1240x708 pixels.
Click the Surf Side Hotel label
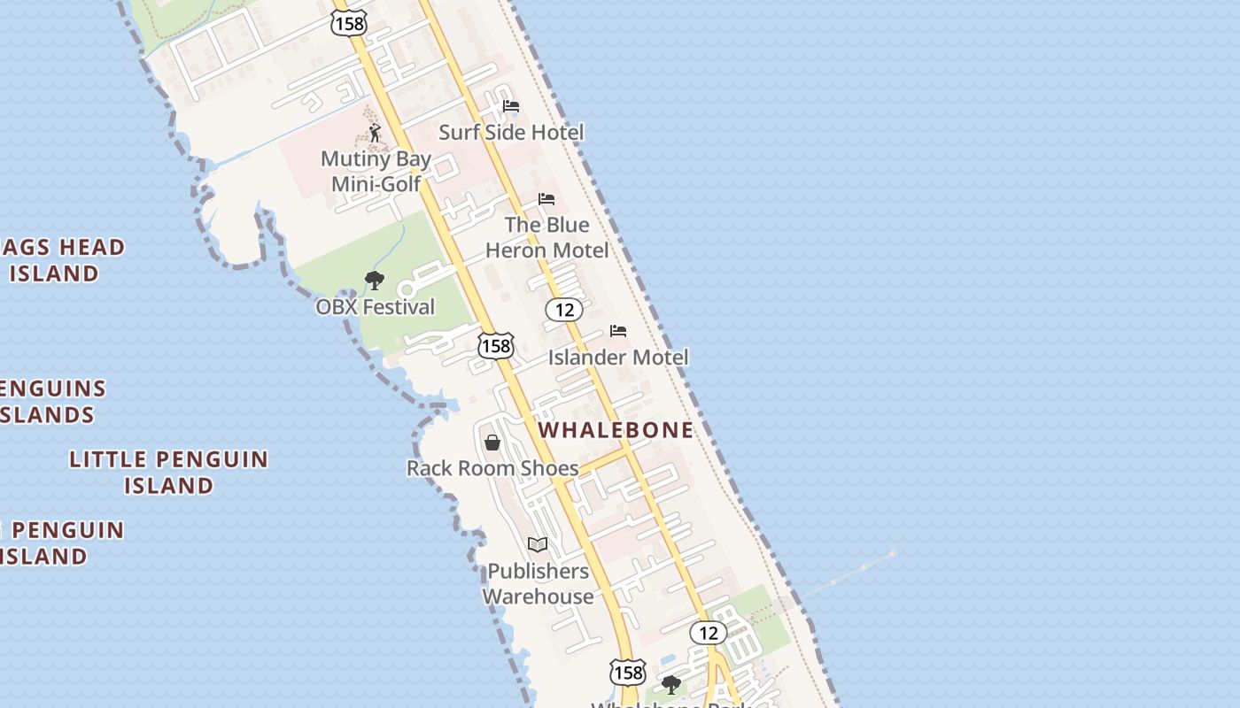511,133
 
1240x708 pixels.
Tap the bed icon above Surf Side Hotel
511,106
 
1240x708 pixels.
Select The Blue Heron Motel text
546,237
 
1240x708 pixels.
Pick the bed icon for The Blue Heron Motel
546,199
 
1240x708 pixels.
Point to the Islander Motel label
617,358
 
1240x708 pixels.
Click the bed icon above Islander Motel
618,331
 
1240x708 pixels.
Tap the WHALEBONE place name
616,430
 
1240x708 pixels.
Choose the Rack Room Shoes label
492,468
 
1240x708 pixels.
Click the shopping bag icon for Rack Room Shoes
492,442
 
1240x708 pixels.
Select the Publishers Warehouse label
538,583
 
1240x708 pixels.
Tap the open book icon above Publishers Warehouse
538,544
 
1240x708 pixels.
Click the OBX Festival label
376,307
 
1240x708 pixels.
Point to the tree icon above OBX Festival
375,281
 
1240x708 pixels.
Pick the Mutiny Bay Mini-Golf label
376,172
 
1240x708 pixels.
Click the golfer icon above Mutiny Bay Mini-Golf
375,134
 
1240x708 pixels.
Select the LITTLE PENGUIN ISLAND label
168,472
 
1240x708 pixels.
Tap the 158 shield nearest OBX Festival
496,345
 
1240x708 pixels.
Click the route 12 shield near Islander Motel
563,310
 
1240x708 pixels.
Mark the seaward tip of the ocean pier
893,553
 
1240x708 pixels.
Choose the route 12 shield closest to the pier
708,633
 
